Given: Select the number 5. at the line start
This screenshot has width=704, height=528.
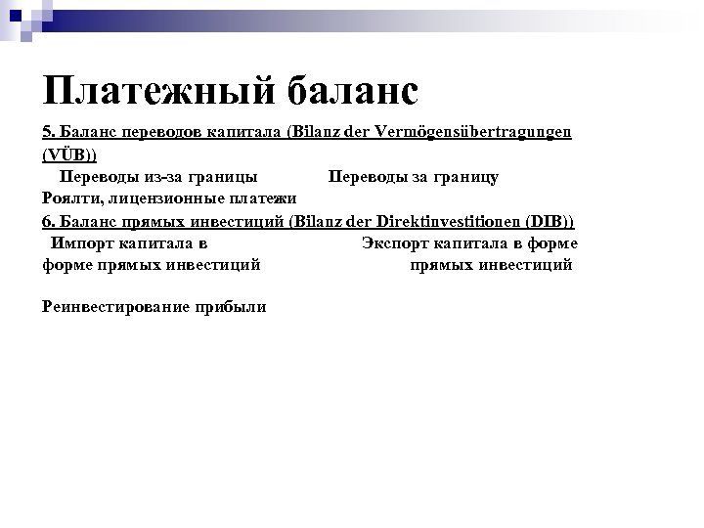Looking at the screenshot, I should [x=50, y=132].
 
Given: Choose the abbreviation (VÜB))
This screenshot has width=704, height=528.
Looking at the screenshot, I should [x=69, y=154].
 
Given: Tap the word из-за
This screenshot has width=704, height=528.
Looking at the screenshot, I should [x=165, y=177].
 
